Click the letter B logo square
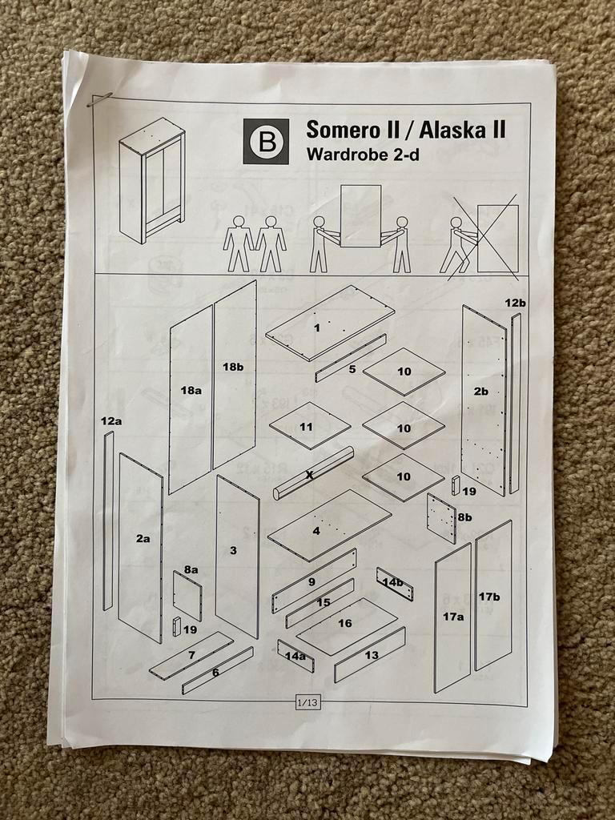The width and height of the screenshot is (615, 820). coord(266,142)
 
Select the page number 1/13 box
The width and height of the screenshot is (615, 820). coord(307,703)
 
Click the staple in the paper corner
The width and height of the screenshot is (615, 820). coord(99,99)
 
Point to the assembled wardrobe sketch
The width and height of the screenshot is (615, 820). coord(151,180)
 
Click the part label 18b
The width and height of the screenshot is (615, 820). coord(232,367)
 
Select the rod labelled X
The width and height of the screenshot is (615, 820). coord(313,474)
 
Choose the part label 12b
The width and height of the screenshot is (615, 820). coord(516,303)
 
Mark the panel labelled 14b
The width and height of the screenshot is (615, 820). coord(394,584)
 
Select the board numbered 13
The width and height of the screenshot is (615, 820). coord(370,654)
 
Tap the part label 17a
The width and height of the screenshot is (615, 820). coord(453,617)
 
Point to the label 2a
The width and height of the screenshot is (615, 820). coord(143,539)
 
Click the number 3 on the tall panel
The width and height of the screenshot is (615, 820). coord(233,550)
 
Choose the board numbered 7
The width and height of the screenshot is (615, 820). coord(191,656)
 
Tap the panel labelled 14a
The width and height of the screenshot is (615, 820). coord(295,656)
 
